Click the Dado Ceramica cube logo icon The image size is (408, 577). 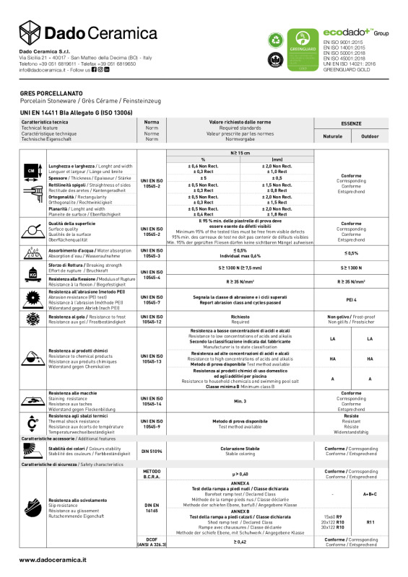pos(31,33)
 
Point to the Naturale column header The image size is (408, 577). pos(333,136)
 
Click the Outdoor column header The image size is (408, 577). pos(370,136)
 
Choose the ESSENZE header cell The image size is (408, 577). pos(351,123)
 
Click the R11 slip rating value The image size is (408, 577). pos(370,521)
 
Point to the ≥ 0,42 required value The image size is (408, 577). pos(240,542)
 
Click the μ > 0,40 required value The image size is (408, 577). pos(240,473)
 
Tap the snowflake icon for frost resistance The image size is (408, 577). pos(32,318)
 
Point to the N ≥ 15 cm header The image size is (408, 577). pos(240,153)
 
